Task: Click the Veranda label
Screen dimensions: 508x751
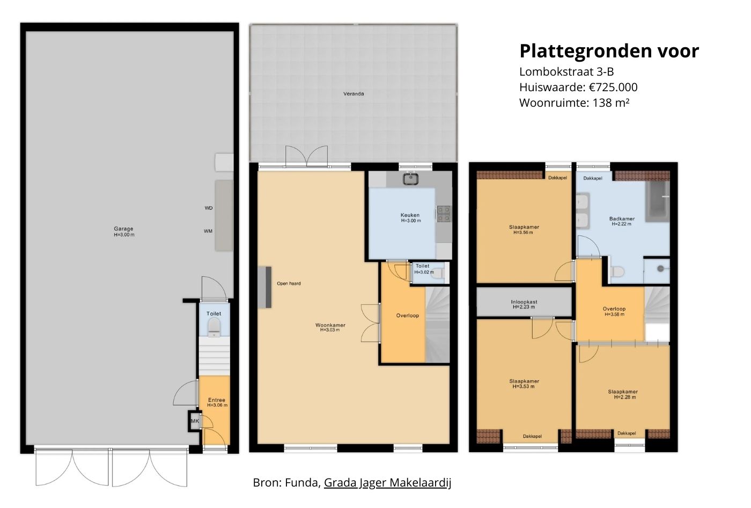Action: pos(354,94)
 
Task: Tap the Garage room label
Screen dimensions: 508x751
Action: pos(123,229)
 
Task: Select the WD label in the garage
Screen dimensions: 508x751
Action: pos(209,208)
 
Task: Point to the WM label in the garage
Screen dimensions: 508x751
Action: pos(208,231)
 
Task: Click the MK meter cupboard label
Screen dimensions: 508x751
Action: pos(195,422)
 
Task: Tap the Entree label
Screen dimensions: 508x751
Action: pos(217,400)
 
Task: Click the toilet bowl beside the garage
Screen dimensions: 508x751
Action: pos(214,326)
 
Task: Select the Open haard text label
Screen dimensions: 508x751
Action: pos(289,284)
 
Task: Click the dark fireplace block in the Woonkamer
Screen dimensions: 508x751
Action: pos(264,287)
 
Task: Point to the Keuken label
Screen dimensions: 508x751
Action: pos(410,215)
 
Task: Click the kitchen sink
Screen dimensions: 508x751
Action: pos(411,179)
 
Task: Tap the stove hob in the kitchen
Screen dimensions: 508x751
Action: pos(444,213)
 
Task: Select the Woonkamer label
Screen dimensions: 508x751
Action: pos(330,326)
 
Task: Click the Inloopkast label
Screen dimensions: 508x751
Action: pos(524,303)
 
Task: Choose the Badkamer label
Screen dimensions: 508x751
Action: pos(622,219)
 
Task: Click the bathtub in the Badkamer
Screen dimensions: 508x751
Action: pos(658,202)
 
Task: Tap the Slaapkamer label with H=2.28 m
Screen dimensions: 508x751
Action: pos(623,392)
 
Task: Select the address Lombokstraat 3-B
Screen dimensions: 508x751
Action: pos(566,72)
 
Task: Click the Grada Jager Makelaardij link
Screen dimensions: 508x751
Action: pos(387,483)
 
